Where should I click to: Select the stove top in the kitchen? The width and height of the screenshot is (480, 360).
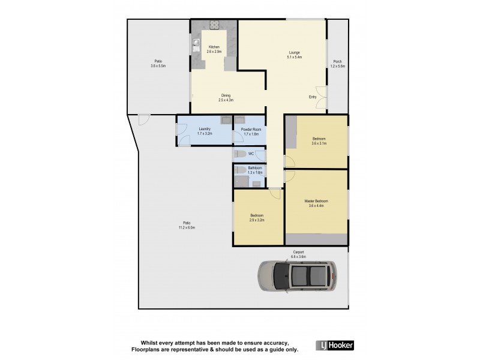click(215, 25)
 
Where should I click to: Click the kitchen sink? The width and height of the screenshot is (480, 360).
click(196, 43)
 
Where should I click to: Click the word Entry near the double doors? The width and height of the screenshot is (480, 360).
click(313, 97)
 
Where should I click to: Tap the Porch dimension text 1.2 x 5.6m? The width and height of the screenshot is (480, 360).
click(338, 66)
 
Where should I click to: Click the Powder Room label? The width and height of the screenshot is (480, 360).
click(249, 130)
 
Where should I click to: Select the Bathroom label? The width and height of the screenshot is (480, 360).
click(247, 170)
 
